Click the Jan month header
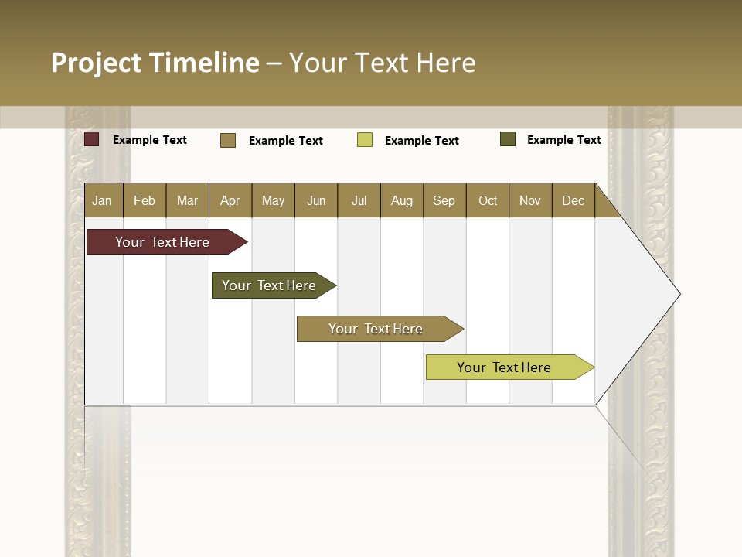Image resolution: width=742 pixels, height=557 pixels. click(x=102, y=200)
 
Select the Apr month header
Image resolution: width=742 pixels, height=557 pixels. click(x=230, y=200)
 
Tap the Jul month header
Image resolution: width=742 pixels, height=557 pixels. click(x=359, y=200)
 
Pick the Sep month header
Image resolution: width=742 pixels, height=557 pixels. click(x=444, y=200)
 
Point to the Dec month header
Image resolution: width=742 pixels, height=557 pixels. click(x=573, y=200)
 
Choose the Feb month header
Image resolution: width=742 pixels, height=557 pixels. click(x=145, y=200)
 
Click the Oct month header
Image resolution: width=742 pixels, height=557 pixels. click(x=488, y=200)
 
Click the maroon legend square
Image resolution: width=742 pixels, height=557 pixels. click(x=92, y=139)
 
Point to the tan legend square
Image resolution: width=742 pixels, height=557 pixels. click(x=228, y=140)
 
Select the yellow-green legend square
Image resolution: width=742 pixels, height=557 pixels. click(x=365, y=140)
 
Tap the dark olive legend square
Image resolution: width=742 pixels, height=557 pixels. click(x=508, y=139)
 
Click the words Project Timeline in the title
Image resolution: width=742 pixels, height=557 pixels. click(x=155, y=63)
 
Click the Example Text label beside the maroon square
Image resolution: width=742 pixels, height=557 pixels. click(x=150, y=140)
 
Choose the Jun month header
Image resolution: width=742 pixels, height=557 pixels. click(x=316, y=200)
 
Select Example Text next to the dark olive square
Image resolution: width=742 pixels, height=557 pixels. click(x=563, y=140)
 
